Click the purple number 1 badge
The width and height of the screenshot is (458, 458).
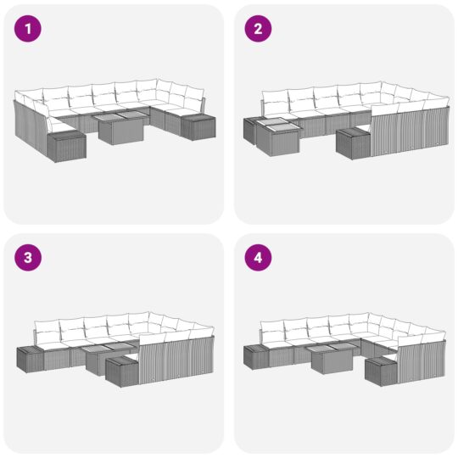tap(28, 30)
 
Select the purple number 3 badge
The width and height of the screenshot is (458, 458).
tap(28, 259)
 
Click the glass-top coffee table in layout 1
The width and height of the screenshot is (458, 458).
tap(117, 127)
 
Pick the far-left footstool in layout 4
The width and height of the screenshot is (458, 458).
tap(257, 357)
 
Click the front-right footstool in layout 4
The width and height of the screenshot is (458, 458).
tap(381, 371)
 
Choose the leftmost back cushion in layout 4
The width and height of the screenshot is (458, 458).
tap(272, 330)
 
